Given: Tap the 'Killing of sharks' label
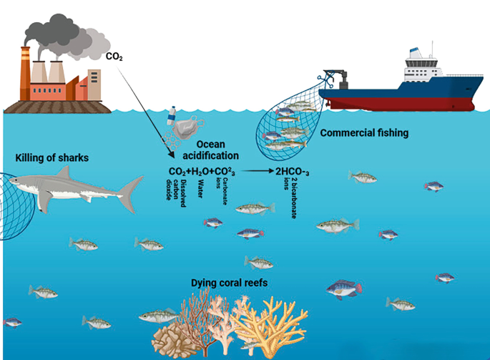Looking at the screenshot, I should point(52,157).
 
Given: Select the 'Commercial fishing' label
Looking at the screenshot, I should point(364,132).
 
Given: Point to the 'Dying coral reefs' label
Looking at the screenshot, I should point(229,283).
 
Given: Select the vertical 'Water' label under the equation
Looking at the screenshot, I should point(200,188).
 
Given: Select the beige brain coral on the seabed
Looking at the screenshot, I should point(169,336).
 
